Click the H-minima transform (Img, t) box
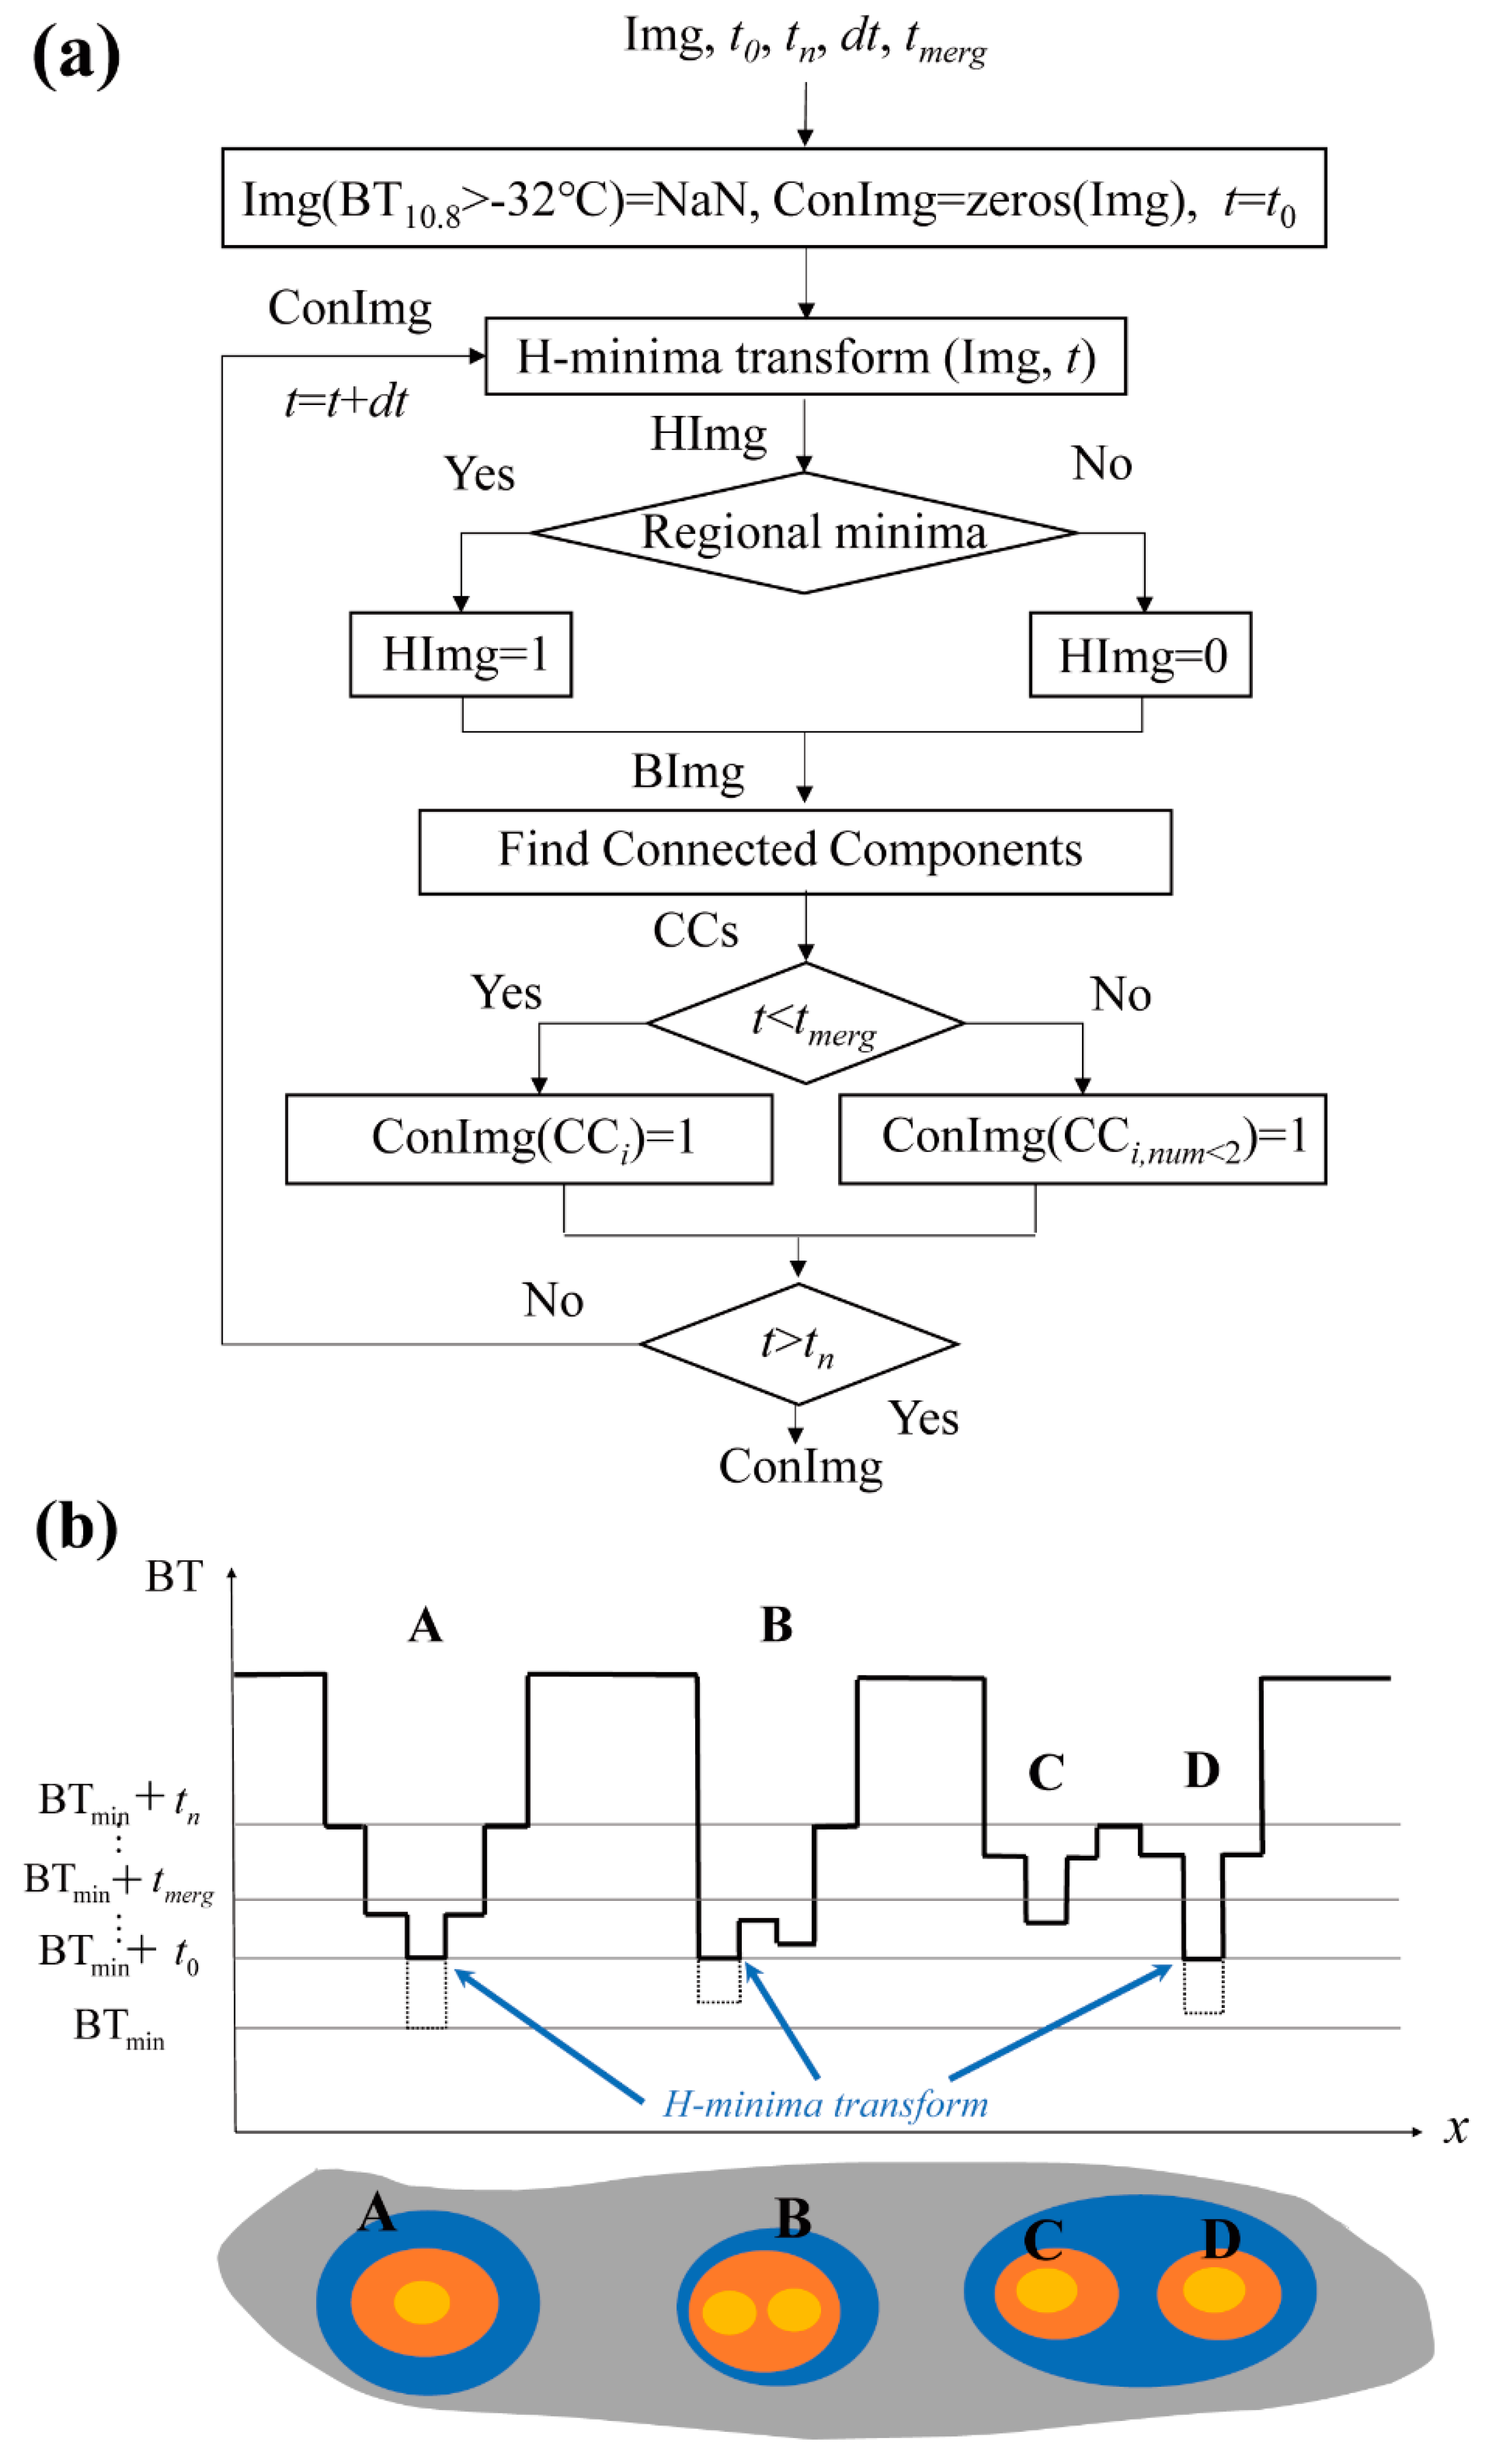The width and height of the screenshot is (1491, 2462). (x=804, y=357)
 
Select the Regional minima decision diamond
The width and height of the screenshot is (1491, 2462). (x=804, y=533)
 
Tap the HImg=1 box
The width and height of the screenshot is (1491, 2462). (x=461, y=655)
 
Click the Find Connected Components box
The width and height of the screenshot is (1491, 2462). (x=794, y=851)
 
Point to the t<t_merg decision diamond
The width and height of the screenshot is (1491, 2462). (x=806, y=1023)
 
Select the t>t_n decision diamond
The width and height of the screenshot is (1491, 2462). (x=798, y=1344)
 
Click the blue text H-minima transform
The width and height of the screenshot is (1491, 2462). (x=826, y=2104)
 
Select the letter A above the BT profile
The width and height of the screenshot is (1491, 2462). (x=424, y=1626)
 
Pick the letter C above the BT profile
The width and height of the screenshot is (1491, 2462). (x=1045, y=1773)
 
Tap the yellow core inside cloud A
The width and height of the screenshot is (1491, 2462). (x=422, y=2301)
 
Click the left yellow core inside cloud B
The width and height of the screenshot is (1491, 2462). (x=729, y=2311)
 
